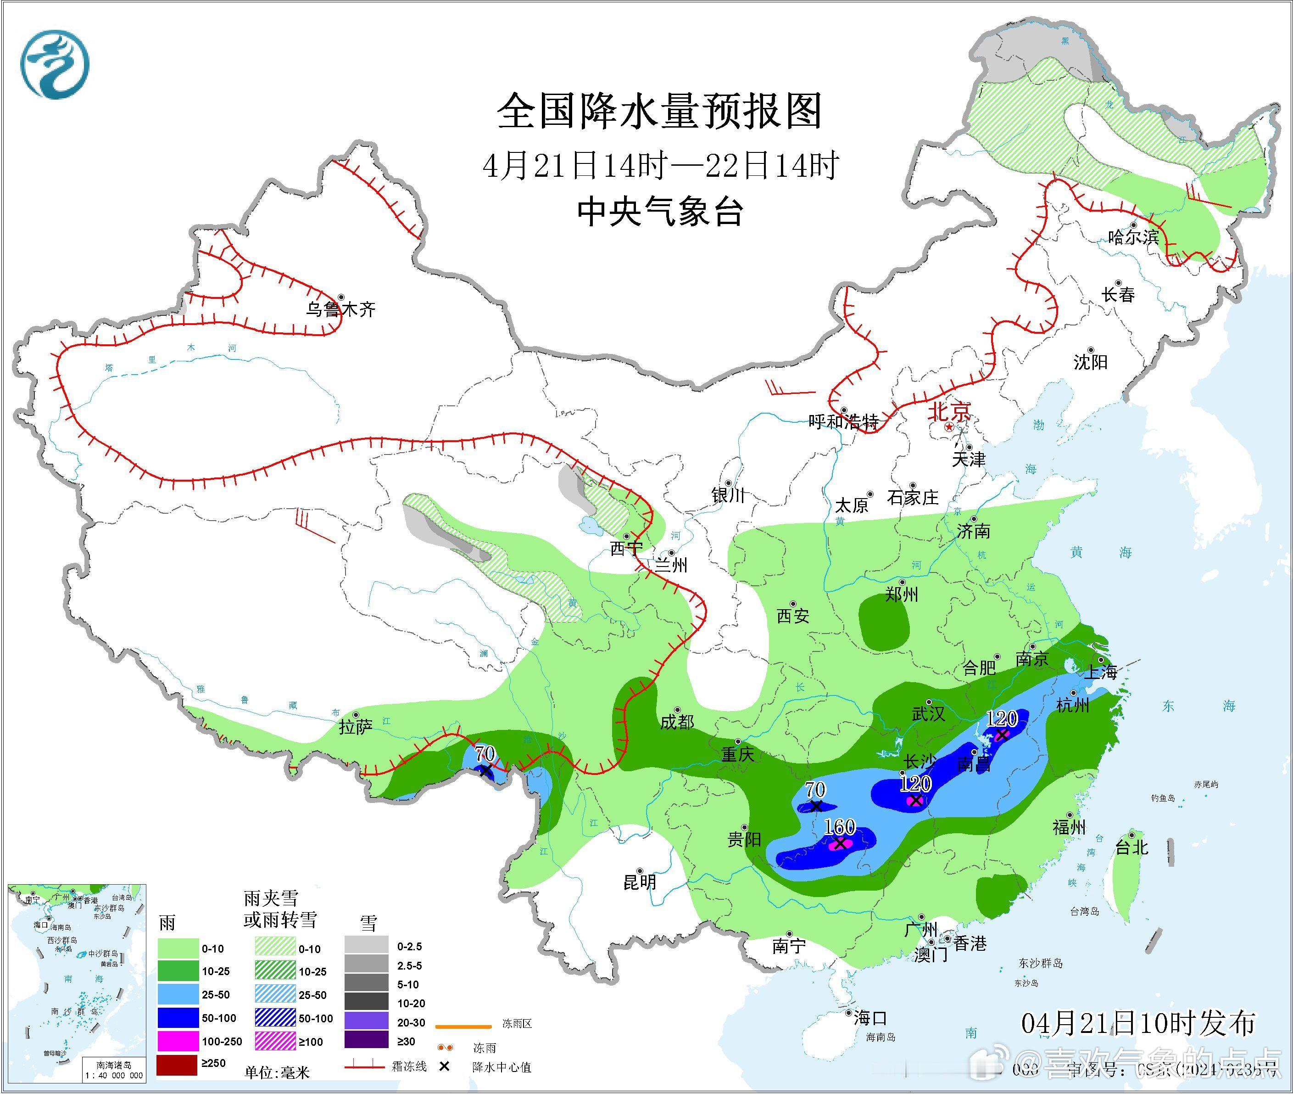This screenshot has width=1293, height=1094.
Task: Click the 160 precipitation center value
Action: pyautogui.click(x=840, y=827)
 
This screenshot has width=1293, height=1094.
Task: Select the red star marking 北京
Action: pyautogui.click(x=949, y=428)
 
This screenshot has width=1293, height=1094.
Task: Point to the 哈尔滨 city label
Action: pyautogui.click(x=1133, y=237)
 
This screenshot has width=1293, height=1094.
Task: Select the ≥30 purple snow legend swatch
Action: pyautogui.click(x=366, y=1041)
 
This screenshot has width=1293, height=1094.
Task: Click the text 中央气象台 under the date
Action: pyautogui.click(x=660, y=212)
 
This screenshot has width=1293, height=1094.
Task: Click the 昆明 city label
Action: pyautogui.click(x=640, y=881)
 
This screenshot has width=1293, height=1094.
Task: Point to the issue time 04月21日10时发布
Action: pyautogui.click(x=1138, y=1023)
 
